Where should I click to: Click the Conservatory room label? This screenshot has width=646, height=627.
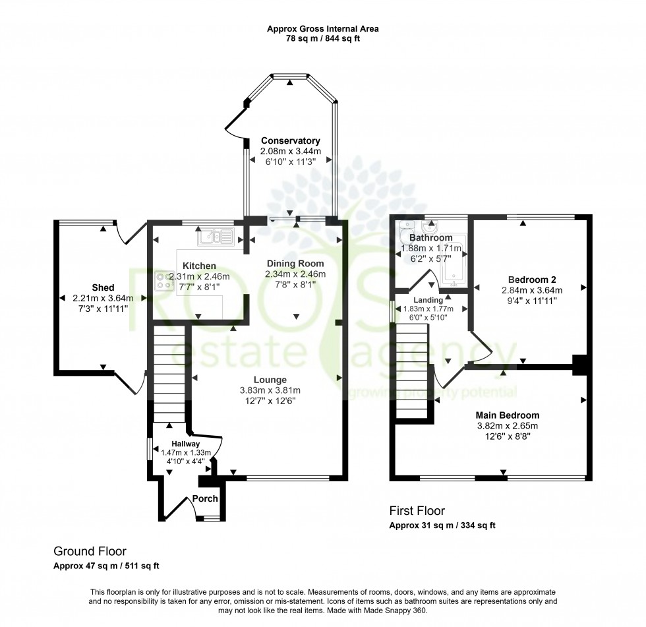pyautogui.click(x=290, y=140)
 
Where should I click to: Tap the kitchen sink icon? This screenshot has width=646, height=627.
pyautogui.click(x=215, y=235)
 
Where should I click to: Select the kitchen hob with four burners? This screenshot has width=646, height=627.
pyautogui.click(x=163, y=282)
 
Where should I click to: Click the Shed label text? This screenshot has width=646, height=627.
pyautogui.click(x=103, y=287)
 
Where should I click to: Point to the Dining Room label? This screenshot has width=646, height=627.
pyautogui.click(x=295, y=264)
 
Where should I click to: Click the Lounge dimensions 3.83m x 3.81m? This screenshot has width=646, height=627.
pyautogui.click(x=270, y=390)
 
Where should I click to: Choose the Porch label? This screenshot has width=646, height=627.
pyautogui.click(x=205, y=499)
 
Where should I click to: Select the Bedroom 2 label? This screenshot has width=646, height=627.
pyautogui.click(x=531, y=278)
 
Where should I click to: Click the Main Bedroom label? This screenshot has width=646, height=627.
pyautogui.click(x=508, y=415)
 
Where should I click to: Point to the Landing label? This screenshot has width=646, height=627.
pyautogui.click(x=428, y=300)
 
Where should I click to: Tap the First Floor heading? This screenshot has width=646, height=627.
pyautogui.click(x=417, y=511)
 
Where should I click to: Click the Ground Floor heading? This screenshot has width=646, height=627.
pyautogui.click(x=90, y=551)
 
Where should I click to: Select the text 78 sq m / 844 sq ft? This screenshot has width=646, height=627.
pyautogui.click(x=322, y=39)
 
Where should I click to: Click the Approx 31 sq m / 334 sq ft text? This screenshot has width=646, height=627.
pyautogui.click(x=442, y=525)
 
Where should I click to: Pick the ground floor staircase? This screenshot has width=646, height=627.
pyautogui.click(x=168, y=376)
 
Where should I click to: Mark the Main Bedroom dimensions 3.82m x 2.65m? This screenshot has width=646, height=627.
pyautogui.click(x=508, y=426)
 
